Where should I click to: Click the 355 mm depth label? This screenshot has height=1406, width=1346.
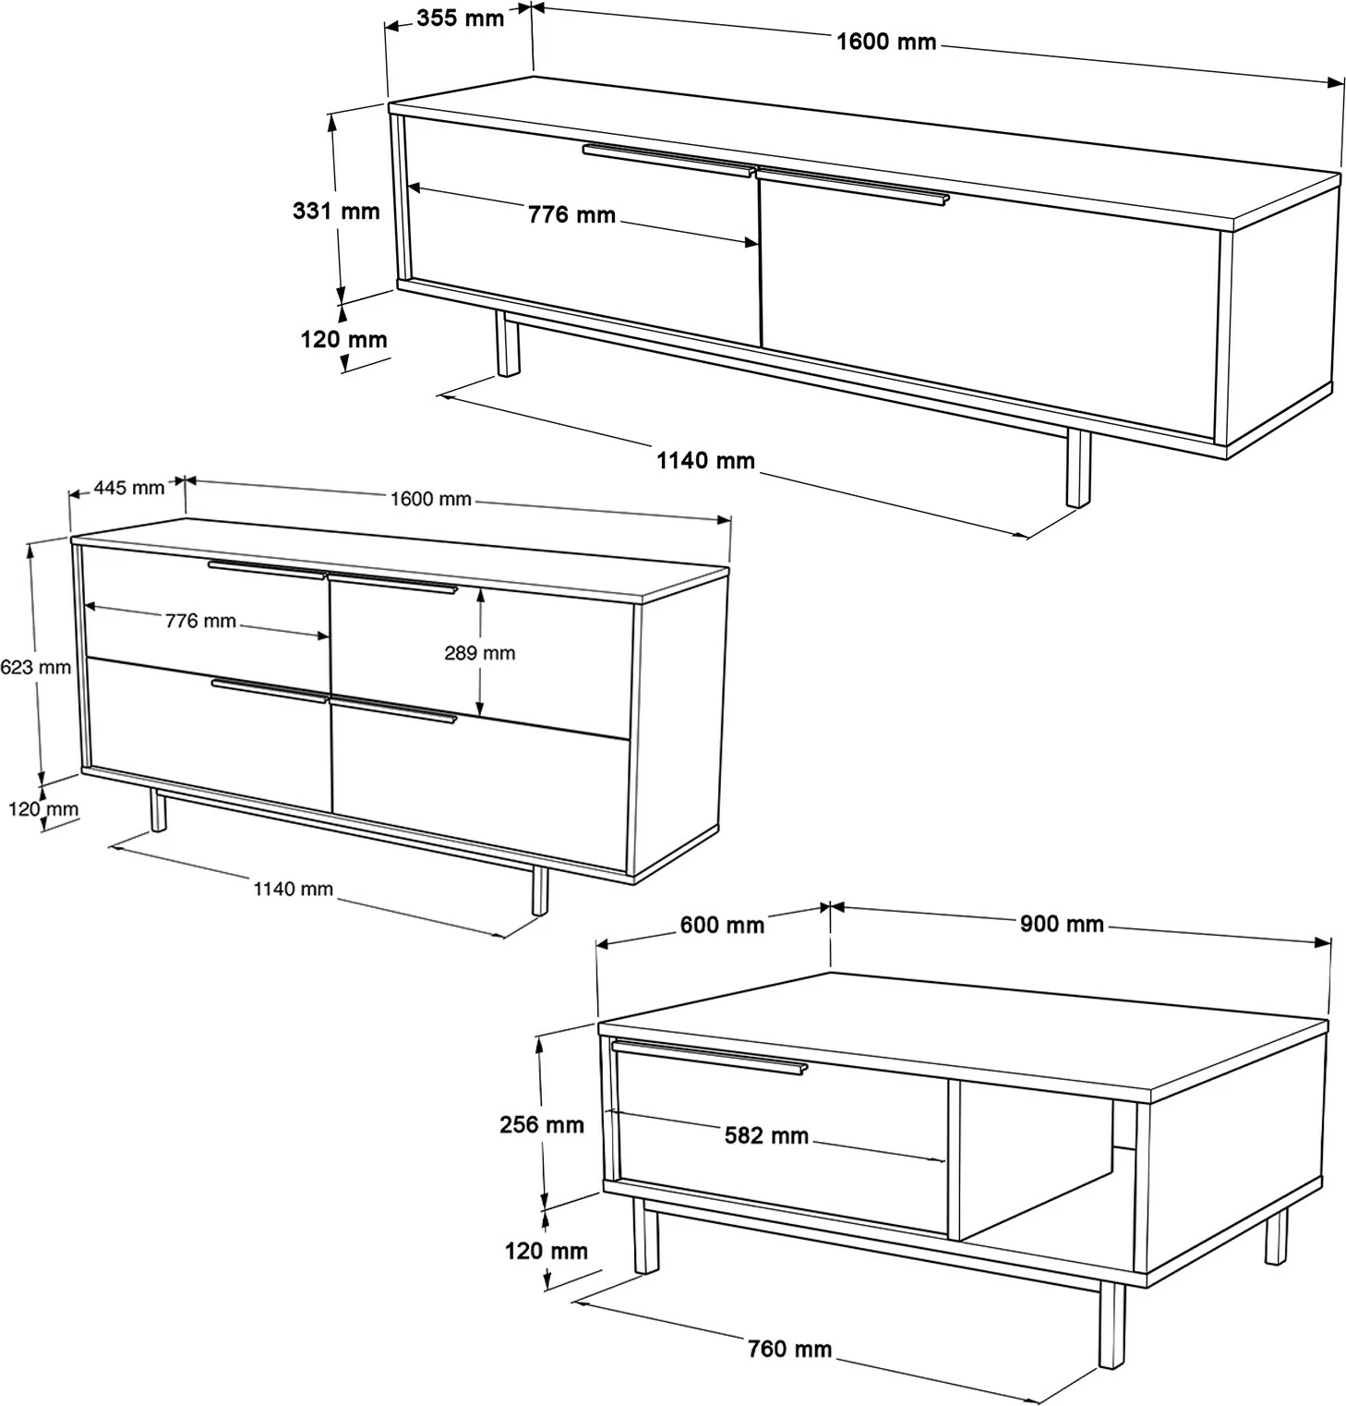tap(460, 18)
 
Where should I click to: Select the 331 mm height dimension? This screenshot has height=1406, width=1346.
tap(336, 211)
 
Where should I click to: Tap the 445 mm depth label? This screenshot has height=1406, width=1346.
tap(128, 487)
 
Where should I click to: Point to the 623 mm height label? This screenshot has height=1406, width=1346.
tap(35, 666)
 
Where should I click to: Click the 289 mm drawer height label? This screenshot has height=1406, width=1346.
tap(479, 652)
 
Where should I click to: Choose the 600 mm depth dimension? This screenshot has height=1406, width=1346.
tap(722, 924)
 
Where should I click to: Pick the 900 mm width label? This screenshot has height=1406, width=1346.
tap(1062, 923)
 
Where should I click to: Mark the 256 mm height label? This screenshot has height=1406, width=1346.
tap(542, 1124)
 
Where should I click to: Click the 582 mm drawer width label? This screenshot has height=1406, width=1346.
tap(766, 1134)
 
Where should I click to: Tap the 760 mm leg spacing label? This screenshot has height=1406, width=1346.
tap(790, 1349)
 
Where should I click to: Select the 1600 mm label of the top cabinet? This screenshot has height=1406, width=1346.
tap(886, 42)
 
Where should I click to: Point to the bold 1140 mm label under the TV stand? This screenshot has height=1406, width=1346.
tap(705, 460)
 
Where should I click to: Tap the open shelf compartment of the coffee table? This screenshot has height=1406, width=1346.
tap(1034, 1158)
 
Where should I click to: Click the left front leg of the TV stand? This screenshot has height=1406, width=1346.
tap(507, 344)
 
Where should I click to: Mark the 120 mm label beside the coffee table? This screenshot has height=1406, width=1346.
tap(546, 1251)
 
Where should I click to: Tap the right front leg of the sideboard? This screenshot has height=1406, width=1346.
tap(539, 891)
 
